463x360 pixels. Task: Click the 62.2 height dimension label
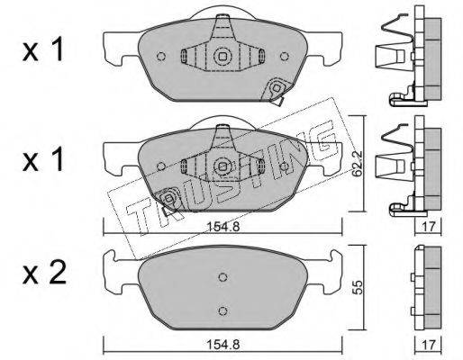click(357, 164)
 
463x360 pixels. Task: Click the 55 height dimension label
click(358, 287)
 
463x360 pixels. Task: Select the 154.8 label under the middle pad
click(222, 227)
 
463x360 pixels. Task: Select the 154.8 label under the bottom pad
click(222, 345)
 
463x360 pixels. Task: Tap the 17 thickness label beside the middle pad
click(428, 227)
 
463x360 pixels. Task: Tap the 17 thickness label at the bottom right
click(428, 345)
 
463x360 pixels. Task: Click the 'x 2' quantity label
click(44, 273)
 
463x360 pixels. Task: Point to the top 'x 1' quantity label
click(43, 49)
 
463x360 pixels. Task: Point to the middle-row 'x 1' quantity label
click(43, 159)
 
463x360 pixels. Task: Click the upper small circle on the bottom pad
click(222, 277)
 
